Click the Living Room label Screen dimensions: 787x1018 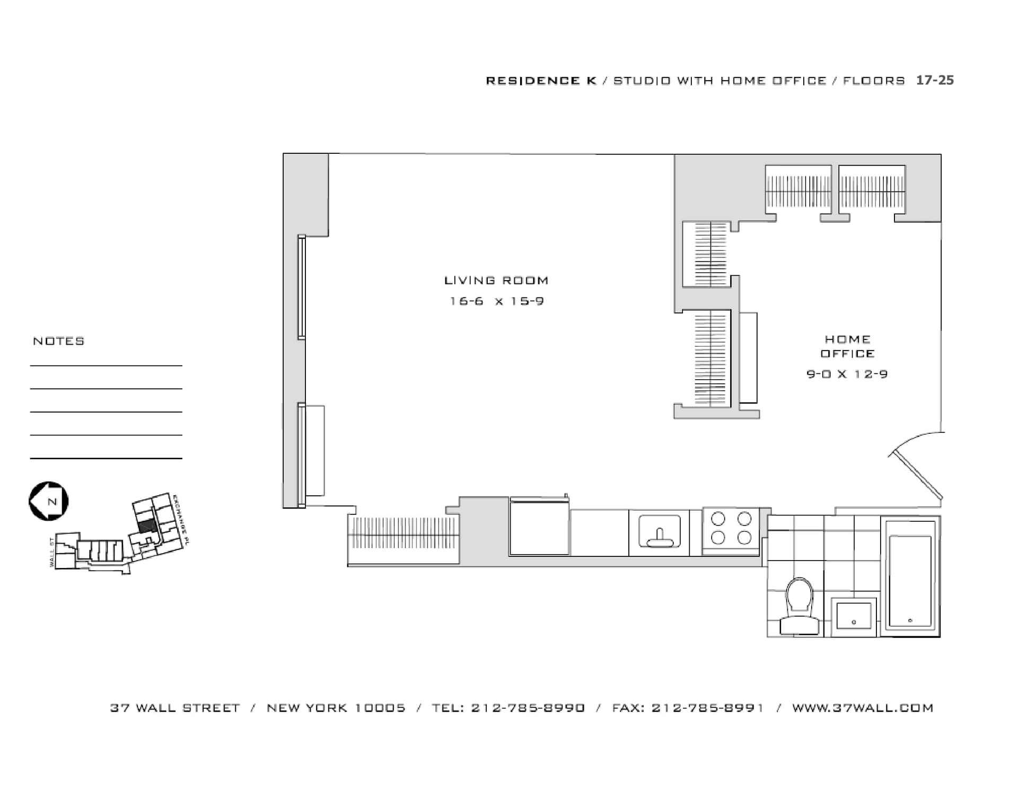pos(496,280)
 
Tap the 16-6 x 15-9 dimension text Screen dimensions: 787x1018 pos(496,301)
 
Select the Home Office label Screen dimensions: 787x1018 pos(847,346)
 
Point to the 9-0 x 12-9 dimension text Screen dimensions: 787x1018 pos(847,374)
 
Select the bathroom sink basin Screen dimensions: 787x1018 pos(854,616)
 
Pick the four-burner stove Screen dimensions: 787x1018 pos(731,528)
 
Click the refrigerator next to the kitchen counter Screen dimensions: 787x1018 pos(539,527)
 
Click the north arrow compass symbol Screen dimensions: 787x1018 pos(48,501)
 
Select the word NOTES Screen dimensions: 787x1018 pos(59,341)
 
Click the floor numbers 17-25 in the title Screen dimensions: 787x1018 pos(935,80)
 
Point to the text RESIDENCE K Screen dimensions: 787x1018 pos(541,81)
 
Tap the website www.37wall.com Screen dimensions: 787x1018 pos(862,708)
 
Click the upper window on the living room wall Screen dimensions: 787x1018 pos(302,287)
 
